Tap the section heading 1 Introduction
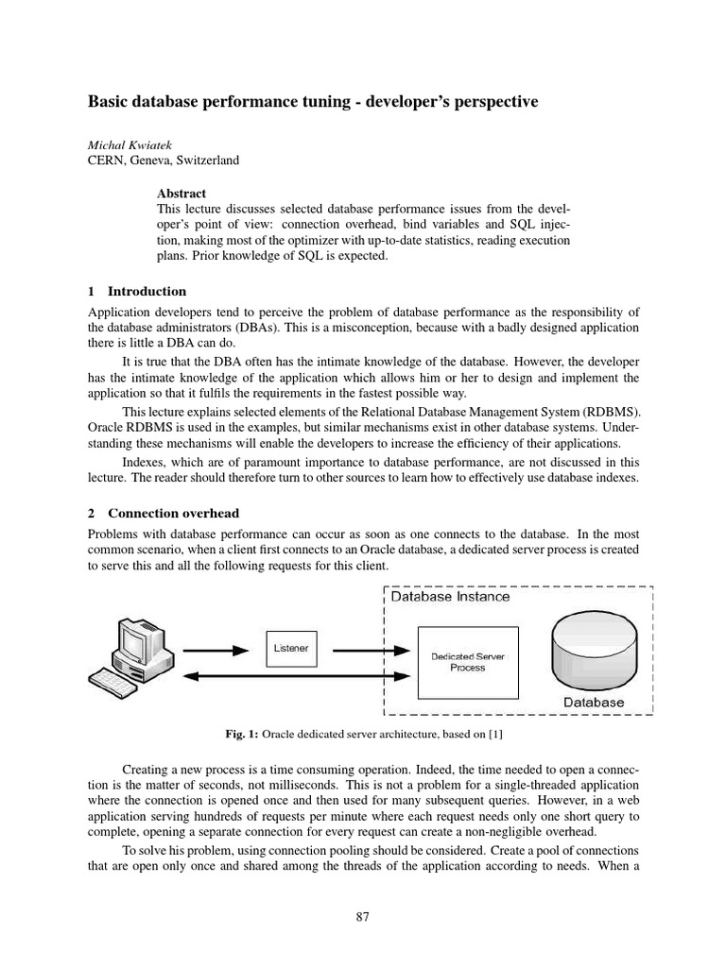point(137,291)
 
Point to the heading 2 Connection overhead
point(160,513)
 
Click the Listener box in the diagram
point(290,649)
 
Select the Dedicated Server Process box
point(467,661)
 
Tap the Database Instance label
point(451,597)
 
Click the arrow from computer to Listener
point(218,649)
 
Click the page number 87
point(363,915)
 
